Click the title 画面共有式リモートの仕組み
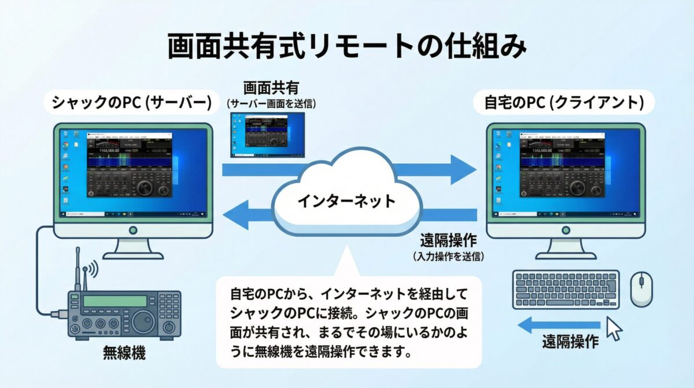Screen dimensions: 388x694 (x=347, y=47)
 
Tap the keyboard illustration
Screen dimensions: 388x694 (x=565, y=290)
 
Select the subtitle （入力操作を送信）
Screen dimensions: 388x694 (x=448, y=256)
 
